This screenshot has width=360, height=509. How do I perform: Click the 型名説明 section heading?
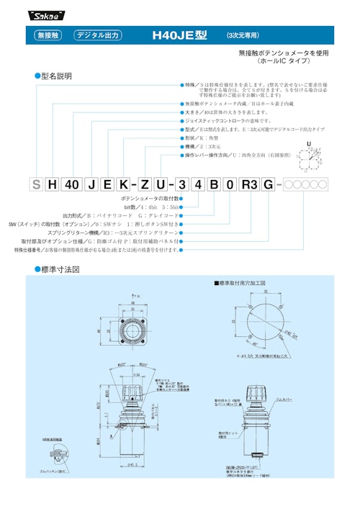(55, 76)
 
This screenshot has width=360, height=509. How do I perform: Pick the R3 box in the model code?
(248, 184)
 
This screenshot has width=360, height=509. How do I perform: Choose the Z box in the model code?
(146, 184)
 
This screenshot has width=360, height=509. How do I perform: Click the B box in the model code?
(212, 184)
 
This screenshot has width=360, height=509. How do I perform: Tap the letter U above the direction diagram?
(309, 144)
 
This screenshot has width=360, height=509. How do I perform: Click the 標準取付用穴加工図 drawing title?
(241, 284)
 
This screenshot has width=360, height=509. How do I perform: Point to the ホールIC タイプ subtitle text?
(292, 61)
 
